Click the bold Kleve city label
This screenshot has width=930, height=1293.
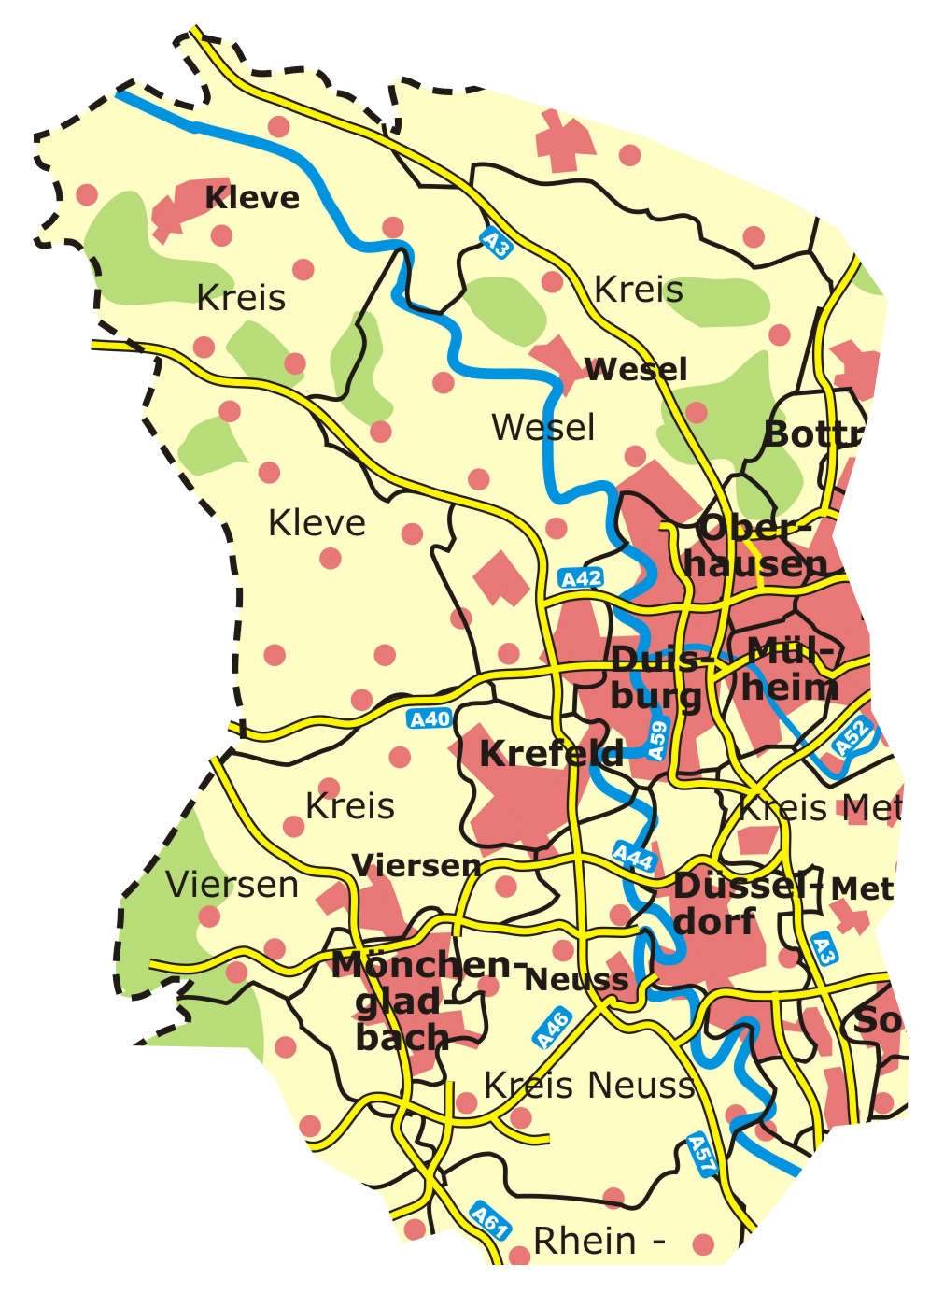click(x=252, y=198)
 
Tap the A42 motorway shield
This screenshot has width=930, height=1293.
click(x=581, y=579)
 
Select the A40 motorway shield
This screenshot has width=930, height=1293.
click(x=430, y=718)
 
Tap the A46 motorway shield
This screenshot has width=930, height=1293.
click(x=553, y=1028)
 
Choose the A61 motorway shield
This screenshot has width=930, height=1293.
click(x=488, y=1222)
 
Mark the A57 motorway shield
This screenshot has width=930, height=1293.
click(x=702, y=1155)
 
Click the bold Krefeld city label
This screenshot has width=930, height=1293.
click(x=551, y=754)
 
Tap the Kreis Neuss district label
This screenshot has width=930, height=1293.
click(x=589, y=1086)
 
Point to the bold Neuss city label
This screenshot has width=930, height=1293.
click(x=576, y=979)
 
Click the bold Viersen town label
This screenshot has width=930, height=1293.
click(x=416, y=865)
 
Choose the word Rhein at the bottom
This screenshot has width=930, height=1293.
click(x=585, y=1241)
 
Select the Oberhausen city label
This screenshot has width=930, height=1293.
click(x=761, y=546)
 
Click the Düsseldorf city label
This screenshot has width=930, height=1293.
click(x=733, y=903)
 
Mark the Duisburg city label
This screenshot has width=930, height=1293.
click(x=656, y=677)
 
